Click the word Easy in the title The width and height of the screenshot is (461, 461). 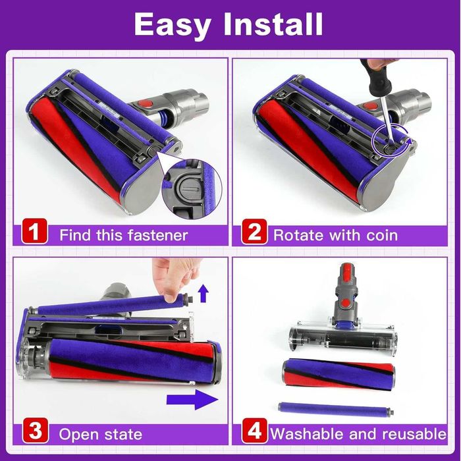[172, 24]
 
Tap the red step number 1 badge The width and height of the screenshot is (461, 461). [34, 234]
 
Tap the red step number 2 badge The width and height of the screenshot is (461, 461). [255, 234]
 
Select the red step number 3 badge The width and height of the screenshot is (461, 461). [34, 433]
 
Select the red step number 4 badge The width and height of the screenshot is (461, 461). [255, 433]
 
